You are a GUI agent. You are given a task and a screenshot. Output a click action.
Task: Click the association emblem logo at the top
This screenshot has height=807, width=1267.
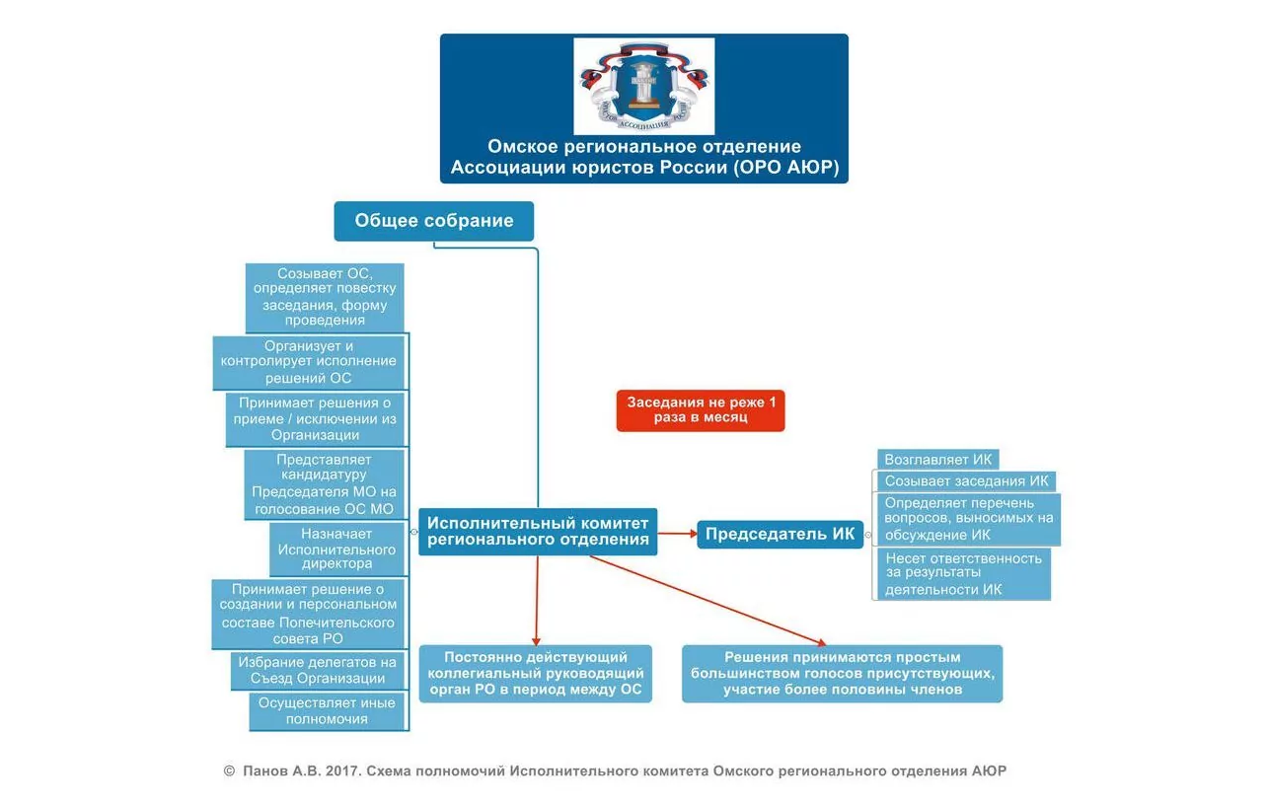click(643, 86)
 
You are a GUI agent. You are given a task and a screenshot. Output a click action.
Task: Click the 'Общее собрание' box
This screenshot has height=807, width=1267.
click(434, 221)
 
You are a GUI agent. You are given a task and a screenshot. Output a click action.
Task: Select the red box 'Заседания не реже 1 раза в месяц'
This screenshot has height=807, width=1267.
click(701, 409)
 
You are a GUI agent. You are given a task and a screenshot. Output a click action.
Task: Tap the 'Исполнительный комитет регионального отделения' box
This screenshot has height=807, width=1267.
click(538, 531)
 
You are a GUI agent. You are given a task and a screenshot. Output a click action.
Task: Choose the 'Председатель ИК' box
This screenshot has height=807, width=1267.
click(780, 535)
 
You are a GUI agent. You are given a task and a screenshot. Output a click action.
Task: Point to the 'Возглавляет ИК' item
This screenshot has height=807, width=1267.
click(938, 460)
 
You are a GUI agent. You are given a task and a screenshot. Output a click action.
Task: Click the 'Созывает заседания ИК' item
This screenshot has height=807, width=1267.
click(966, 481)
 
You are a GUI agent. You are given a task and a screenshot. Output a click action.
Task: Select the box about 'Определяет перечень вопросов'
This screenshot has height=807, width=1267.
click(968, 519)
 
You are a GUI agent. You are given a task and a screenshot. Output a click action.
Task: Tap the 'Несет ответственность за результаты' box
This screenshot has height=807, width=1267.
click(963, 573)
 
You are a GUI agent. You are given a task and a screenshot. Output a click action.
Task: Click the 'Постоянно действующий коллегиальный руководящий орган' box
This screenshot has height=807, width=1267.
click(536, 673)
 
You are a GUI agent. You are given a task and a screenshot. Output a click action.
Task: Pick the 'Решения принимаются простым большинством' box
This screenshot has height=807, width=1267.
click(842, 673)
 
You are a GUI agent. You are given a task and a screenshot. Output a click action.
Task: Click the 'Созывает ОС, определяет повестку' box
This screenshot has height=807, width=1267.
click(325, 297)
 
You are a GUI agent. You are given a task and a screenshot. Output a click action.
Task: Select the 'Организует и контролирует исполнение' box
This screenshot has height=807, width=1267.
click(310, 362)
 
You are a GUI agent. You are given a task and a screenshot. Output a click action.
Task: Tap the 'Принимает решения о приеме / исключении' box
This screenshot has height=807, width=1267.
click(310, 419)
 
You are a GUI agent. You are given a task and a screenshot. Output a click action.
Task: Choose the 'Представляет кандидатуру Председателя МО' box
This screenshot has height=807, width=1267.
click(325, 484)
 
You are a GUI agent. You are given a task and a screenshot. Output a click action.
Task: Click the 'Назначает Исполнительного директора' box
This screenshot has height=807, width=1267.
click(337, 550)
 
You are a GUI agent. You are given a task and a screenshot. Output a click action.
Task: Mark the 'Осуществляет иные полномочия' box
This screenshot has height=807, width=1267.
click(328, 711)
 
